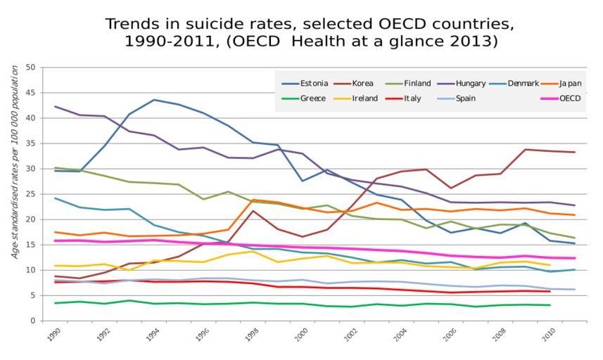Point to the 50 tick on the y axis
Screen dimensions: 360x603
[30, 67]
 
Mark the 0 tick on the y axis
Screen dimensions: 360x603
[32, 321]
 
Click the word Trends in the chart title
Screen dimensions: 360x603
[132, 24]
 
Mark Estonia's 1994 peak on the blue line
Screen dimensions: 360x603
[155, 100]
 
